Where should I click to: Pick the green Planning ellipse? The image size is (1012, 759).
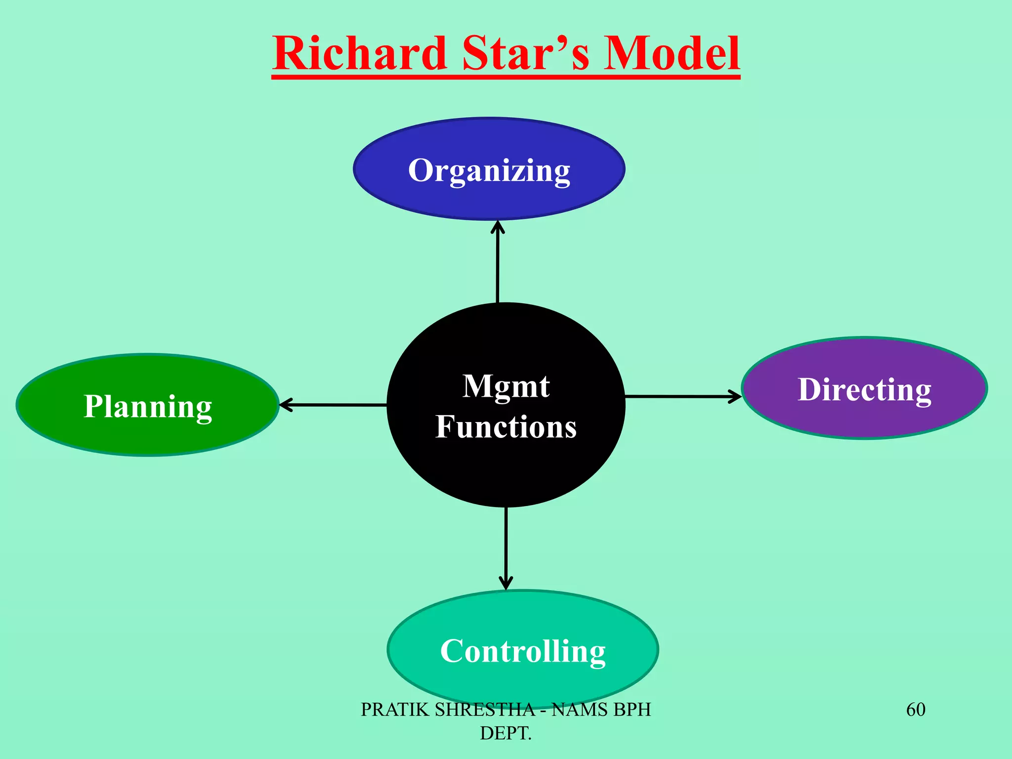147,430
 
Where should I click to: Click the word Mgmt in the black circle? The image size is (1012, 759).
506,386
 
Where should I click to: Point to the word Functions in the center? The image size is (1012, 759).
506,426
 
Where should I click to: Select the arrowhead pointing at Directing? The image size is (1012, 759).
735,396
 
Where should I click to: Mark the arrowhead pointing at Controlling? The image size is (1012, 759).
506,583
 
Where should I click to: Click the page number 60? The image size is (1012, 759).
916,710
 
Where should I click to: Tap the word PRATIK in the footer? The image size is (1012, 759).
394,710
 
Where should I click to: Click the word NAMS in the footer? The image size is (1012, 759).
573,710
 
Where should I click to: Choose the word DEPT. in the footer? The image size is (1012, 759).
506,733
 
